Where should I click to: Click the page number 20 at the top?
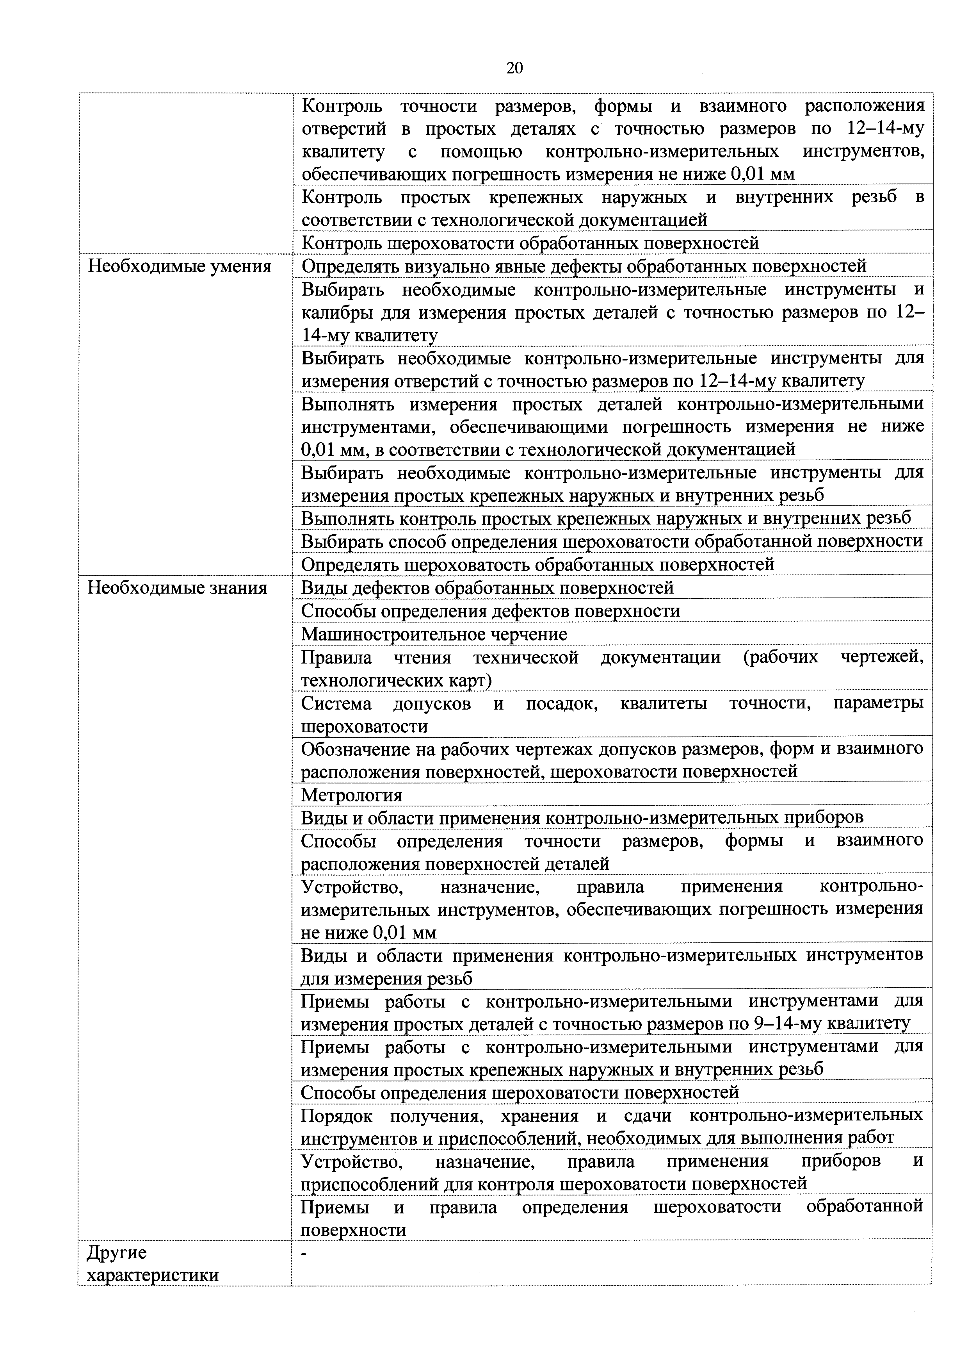click(514, 68)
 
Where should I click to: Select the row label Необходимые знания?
click(177, 588)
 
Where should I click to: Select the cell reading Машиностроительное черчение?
click(434, 634)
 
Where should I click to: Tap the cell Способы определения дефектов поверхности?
click(490, 611)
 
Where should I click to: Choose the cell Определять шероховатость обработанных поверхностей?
click(537, 564)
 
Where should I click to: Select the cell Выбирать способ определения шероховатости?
click(611, 541)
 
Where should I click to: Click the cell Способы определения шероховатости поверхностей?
click(520, 1093)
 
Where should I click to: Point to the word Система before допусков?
click(336, 704)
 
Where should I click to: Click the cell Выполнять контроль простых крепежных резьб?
click(605, 518)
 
